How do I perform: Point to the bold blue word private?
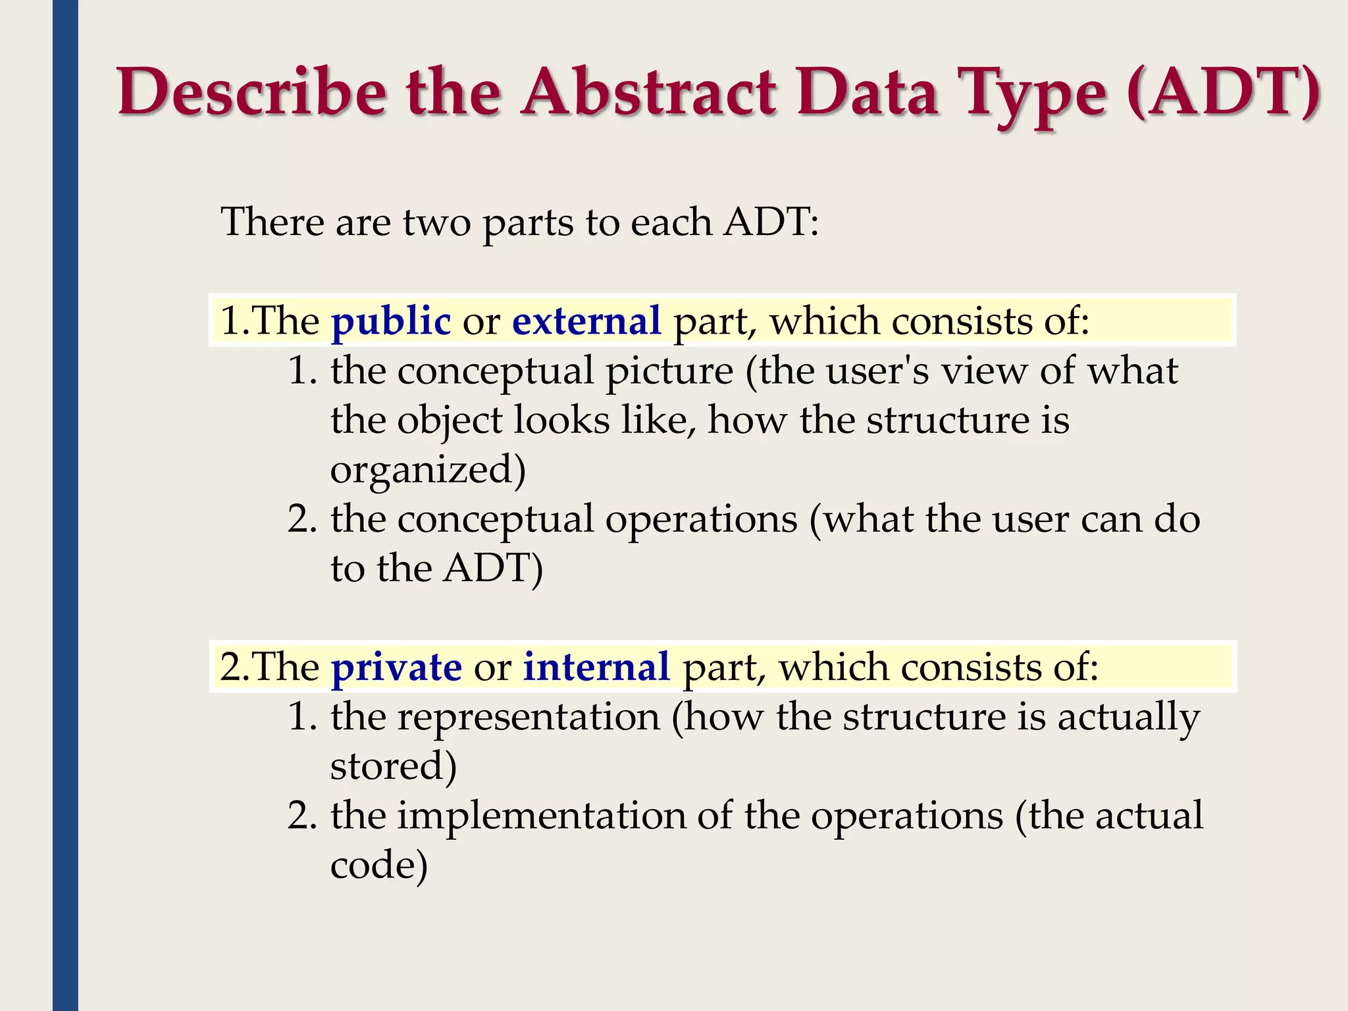point(396,667)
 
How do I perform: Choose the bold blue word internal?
point(596,667)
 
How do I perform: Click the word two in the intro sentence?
point(436,222)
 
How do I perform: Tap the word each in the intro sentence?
point(671,222)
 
